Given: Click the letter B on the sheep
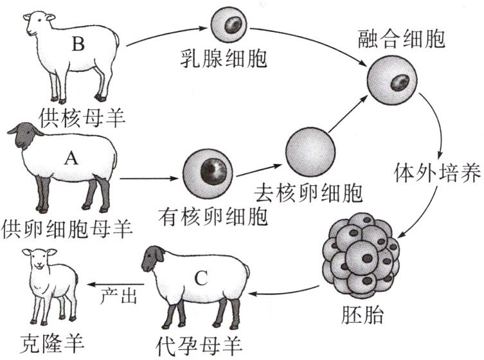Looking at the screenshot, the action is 78,44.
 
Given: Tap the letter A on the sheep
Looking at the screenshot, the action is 71,158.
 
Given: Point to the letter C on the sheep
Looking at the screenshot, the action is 201,278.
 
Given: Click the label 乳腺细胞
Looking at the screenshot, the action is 224,59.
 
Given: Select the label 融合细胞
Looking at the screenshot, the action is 401,39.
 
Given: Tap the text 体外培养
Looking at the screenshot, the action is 438,172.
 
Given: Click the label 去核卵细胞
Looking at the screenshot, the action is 309,193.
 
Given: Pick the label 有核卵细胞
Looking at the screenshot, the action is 213,217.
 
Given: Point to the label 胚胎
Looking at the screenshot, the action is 362,314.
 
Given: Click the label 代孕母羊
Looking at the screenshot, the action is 199,346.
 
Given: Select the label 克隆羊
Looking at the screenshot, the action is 52,343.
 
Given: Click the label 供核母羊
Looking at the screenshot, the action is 82,118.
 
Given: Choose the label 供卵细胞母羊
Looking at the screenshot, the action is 67,229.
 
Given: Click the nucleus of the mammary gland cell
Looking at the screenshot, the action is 233,24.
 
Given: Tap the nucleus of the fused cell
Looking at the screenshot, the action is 400,82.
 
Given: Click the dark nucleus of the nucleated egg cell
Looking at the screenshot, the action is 213,172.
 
